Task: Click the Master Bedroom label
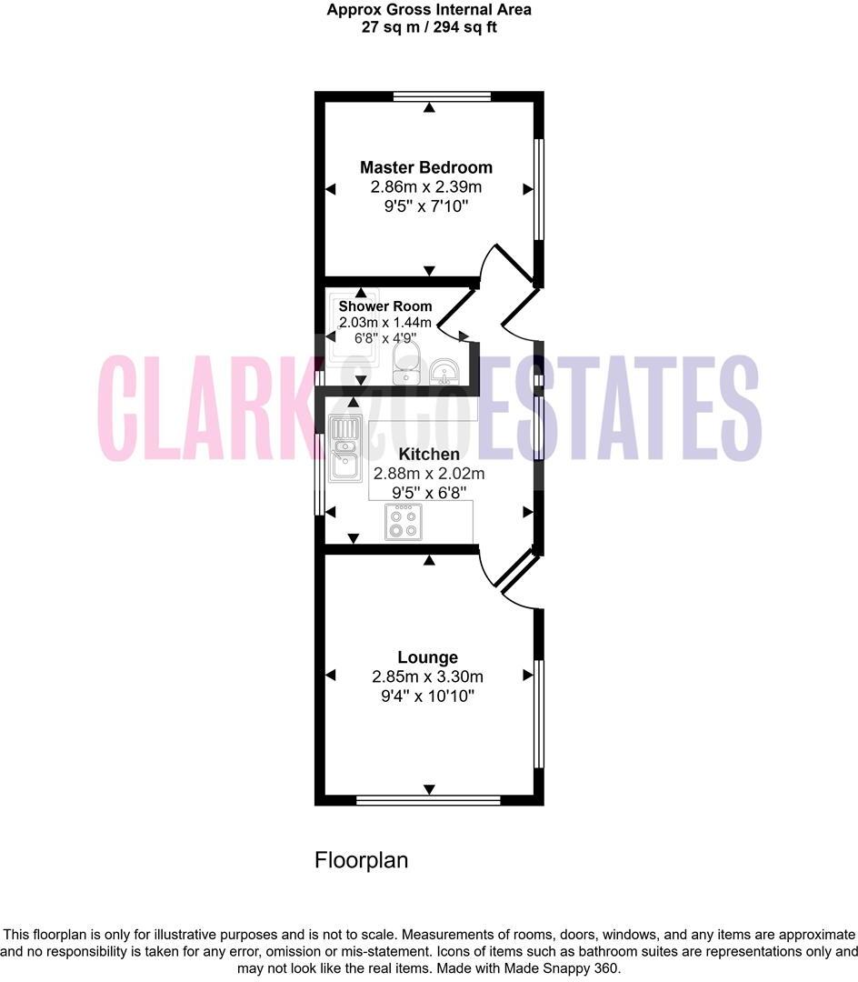(x=426, y=167)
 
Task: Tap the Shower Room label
(x=385, y=306)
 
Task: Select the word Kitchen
(x=428, y=454)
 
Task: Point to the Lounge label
(x=427, y=657)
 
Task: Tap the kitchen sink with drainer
(x=345, y=448)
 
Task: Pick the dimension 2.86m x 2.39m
(x=425, y=187)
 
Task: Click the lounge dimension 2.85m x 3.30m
(x=427, y=677)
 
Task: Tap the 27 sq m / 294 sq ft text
(x=429, y=27)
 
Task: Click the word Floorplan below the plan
(x=362, y=860)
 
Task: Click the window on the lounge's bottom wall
(x=429, y=800)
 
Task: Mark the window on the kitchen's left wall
(x=319, y=474)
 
